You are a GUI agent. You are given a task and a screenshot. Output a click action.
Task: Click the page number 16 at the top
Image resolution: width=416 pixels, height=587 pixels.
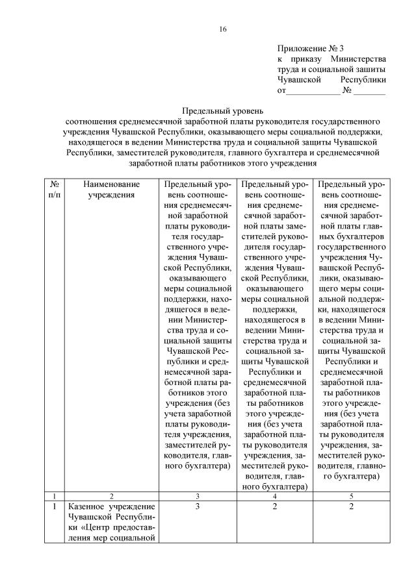click(x=222, y=29)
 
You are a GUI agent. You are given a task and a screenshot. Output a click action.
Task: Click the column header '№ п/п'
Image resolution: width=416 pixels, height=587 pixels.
click(x=55, y=190)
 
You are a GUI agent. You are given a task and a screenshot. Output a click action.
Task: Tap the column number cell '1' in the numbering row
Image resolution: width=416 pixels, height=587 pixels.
click(x=55, y=495)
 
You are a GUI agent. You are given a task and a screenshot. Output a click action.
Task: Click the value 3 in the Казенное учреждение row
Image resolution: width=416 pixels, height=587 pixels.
click(x=196, y=506)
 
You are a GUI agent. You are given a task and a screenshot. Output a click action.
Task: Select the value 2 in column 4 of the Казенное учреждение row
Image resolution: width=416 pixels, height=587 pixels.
click(x=274, y=506)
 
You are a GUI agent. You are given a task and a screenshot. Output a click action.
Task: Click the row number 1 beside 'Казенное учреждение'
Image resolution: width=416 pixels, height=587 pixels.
click(x=55, y=506)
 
